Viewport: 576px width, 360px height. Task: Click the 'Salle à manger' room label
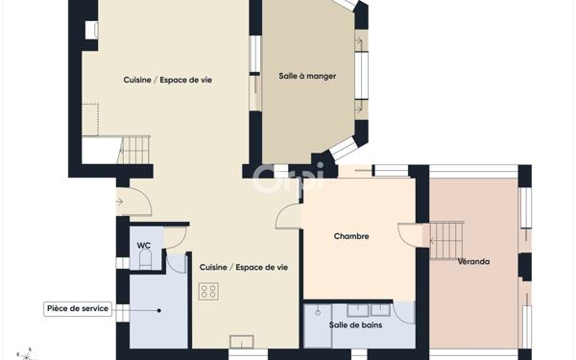coord(307,76)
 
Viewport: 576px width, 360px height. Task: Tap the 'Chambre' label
coord(351,236)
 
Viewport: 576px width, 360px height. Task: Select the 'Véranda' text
coord(473,261)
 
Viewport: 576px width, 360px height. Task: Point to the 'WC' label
coord(143,245)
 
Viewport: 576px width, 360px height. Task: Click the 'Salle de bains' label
coord(354,325)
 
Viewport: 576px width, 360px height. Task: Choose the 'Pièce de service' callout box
coord(78,309)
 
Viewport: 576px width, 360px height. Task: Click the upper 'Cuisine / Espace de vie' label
coord(167,81)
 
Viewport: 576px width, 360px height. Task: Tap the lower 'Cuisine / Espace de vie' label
coord(244,267)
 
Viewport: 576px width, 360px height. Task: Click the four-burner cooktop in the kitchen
coord(208,291)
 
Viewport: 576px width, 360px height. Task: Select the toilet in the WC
coord(145,259)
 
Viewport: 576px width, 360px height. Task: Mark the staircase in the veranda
coord(445,234)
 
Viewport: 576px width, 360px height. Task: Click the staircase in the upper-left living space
coord(134,150)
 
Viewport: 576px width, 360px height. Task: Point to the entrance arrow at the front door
coord(119,202)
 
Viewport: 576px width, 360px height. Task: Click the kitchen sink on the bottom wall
coord(242,341)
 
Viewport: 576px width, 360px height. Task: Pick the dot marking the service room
coord(145,309)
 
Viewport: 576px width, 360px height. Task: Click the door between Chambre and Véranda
coord(410,235)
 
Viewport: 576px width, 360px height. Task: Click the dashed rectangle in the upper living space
coord(90,120)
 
